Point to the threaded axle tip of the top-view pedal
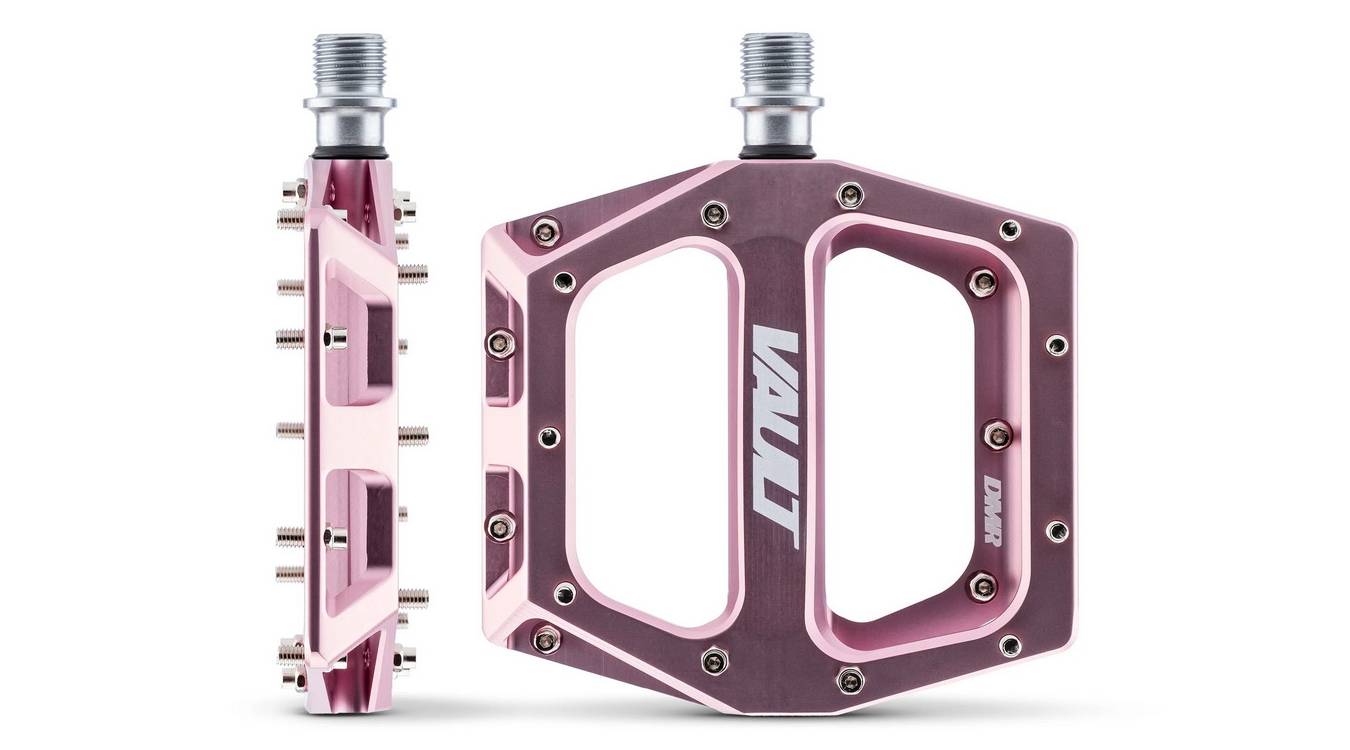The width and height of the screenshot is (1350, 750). click(778, 60)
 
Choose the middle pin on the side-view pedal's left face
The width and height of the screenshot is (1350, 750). click(288, 430)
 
